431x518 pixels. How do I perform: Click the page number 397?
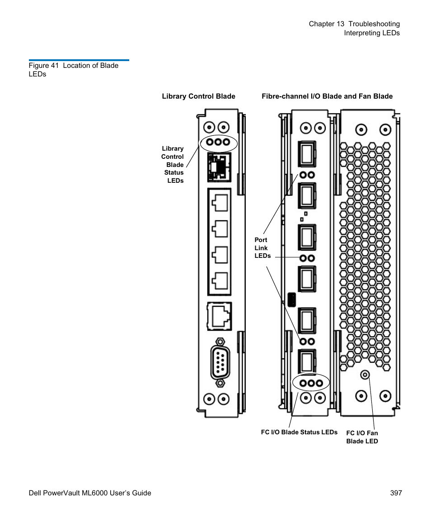(x=396, y=493)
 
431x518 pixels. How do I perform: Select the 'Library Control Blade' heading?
(x=198, y=96)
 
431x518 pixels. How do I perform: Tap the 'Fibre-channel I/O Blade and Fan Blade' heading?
(x=327, y=96)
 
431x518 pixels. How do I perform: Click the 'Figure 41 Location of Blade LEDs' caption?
(x=73, y=70)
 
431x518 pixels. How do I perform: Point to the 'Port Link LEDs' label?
(x=262, y=248)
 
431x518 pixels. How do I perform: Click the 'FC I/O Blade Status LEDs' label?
(x=299, y=432)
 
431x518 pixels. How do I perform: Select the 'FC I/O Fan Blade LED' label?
(x=362, y=437)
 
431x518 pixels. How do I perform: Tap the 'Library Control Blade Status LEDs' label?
(x=173, y=164)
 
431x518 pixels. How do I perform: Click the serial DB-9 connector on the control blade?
(x=220, y=362)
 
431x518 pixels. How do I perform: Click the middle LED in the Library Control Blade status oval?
(x=218, y=142)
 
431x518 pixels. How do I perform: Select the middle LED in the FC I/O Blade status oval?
(x=311, y=383)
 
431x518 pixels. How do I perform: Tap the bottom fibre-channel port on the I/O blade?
(x=307, y=361)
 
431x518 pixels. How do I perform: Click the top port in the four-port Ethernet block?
(x=220, y=202)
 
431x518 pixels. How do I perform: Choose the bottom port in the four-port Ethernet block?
(x=220, y=280)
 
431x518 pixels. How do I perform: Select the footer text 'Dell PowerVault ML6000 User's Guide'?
(x=87, y=493)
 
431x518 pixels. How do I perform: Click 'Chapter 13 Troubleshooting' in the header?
(x=354, y=24)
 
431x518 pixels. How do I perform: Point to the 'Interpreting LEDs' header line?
(x=371, y=33)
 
